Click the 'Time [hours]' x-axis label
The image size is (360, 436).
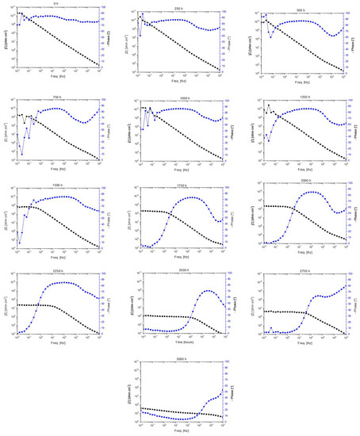[x=181, y=346]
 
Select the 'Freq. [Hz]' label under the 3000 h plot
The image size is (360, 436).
[x=181, y=434]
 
